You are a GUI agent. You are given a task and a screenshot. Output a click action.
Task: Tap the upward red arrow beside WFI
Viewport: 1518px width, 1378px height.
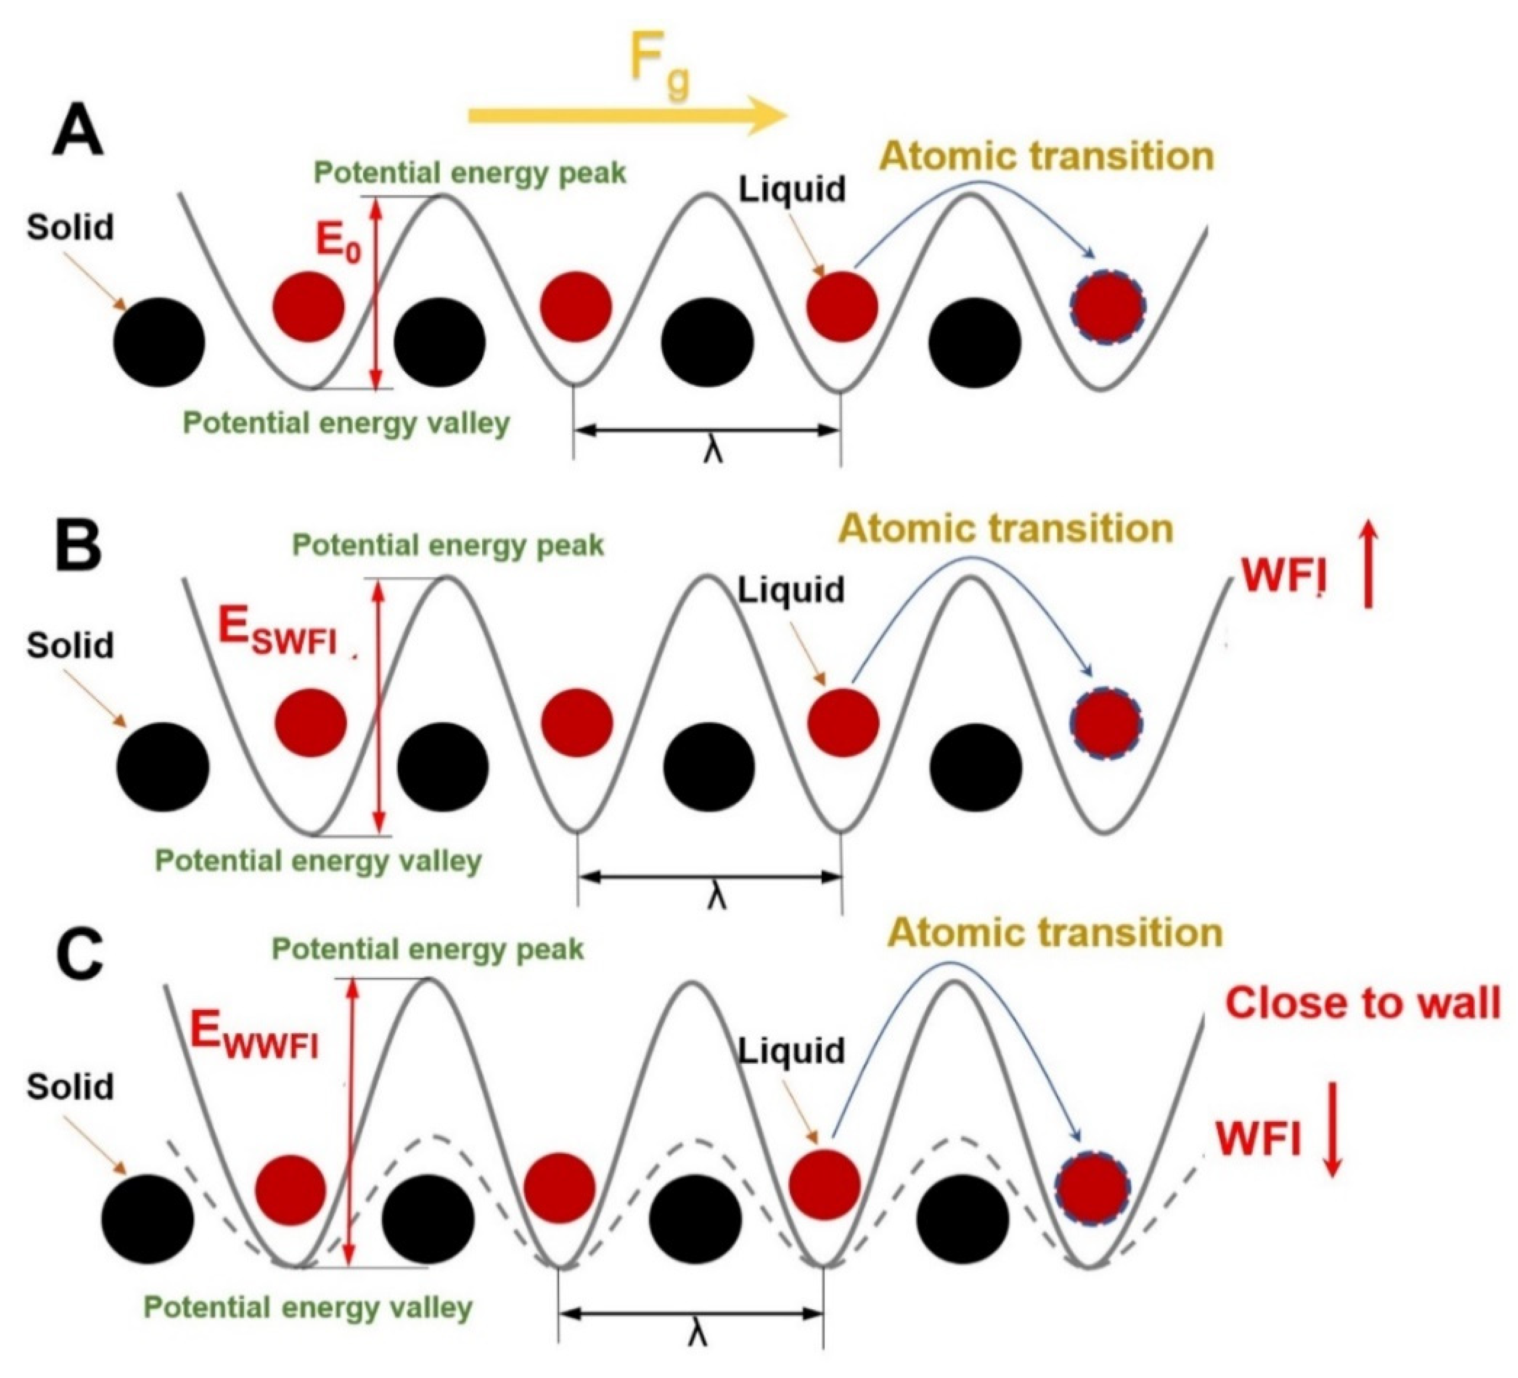coord(1368,566)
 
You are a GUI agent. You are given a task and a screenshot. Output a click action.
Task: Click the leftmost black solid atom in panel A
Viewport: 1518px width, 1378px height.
coord(159,342)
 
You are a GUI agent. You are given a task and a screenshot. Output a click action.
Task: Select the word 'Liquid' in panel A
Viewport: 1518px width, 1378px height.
coord(791,189)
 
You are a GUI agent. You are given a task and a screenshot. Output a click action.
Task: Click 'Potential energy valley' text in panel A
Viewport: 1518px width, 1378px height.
coord(346,423)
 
